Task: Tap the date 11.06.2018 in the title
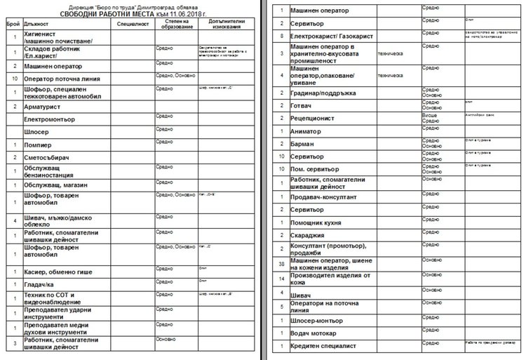click(180, 14)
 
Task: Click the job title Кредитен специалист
click(323, 347)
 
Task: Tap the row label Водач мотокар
click(314, 333)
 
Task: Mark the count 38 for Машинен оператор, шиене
click(281, 263)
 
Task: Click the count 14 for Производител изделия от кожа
click(281, 279)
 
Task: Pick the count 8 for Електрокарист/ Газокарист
click(281, 34)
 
